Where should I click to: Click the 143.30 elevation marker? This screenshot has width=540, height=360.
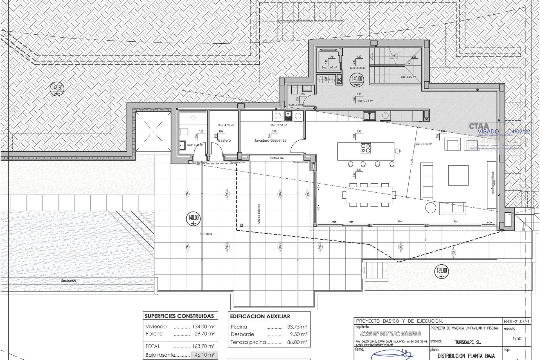[57, 89]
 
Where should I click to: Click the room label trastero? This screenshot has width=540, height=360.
[224, 140]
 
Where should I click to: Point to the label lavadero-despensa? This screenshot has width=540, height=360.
[271, 140]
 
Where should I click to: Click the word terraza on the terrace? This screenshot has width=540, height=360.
[206, 234]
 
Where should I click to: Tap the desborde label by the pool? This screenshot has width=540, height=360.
[68, 280]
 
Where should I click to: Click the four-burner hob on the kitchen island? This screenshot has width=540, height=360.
[366, 148]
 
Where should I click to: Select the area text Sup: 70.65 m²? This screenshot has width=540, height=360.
[423, 144]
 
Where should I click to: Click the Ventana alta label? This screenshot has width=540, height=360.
[277, 158]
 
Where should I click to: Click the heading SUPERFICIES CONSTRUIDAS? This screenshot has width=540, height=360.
[179, 316]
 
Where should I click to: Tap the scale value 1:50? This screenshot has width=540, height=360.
[517, 339]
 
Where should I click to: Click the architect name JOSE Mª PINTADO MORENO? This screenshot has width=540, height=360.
[390, 334]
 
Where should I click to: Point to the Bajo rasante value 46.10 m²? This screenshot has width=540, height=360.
[204, 355]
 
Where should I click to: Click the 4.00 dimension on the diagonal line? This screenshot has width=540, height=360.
[412, 162]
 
